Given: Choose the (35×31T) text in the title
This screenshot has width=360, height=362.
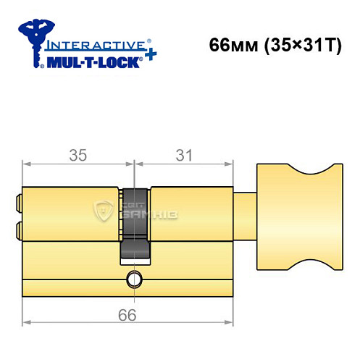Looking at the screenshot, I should tap(293, 44).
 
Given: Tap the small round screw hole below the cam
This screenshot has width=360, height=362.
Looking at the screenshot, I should tap(133, 278).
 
